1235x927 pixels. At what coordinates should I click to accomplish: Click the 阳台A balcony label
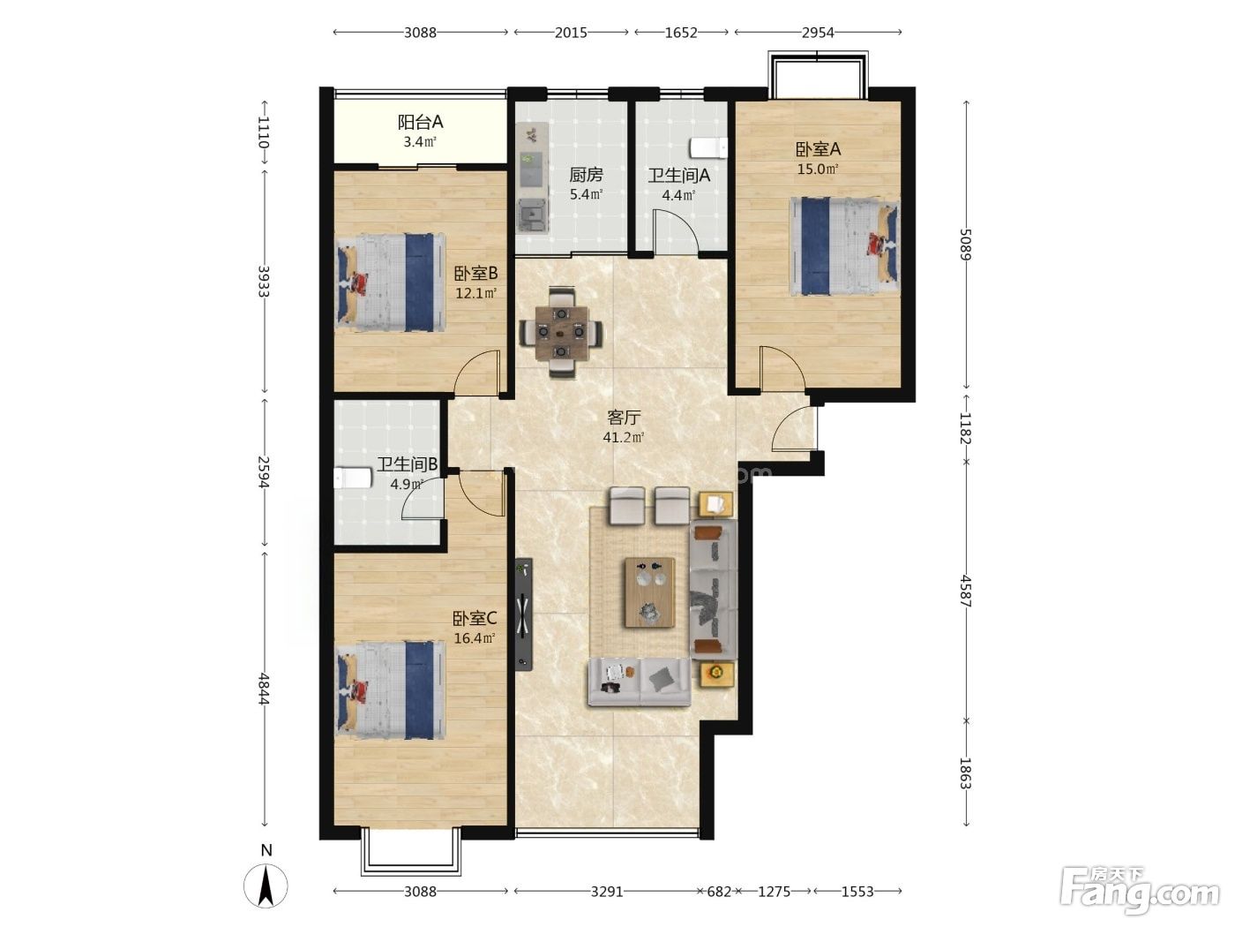tap(420, 122)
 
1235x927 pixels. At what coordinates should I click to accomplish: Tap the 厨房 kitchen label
tap(586, 175)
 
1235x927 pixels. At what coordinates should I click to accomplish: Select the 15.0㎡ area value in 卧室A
tap(818, 169)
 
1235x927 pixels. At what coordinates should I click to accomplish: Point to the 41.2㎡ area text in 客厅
tap(624, 437)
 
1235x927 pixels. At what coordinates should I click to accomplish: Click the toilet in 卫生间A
tap(708, 148)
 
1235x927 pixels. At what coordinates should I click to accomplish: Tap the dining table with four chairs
tap(561, 332)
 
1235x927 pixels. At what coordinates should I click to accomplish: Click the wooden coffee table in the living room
tap(650, 592)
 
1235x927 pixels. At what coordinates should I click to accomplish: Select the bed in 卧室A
tap(844, 246)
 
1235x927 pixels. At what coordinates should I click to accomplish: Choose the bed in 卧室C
tap(390, 690)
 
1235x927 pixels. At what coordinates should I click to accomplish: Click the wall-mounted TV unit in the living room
tap(524, 614)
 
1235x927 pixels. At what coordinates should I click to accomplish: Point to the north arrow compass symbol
tap(266, 886)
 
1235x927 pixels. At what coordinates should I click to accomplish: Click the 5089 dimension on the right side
tap(965, 245)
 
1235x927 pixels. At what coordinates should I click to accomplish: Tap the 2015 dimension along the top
tap(571, 33)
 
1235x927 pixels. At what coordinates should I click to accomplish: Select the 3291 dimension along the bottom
tap(607, 891)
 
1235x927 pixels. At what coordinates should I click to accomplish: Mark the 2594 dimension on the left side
tap(263, 472)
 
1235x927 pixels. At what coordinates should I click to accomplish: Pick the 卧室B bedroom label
tap(475, 274)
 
